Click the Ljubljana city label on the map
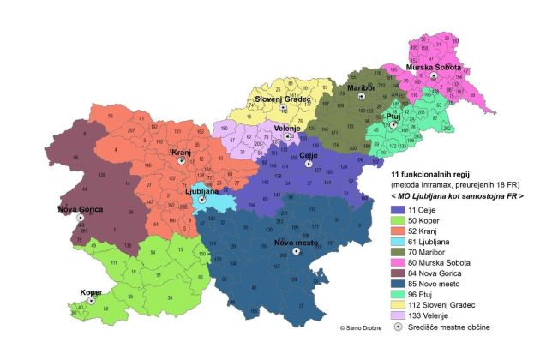pos(201,191)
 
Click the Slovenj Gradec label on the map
pos(283,99)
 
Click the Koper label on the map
pos(92,291)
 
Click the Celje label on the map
pos(310,155)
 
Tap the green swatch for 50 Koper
pos(396,219)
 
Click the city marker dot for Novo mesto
pos(296,252)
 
